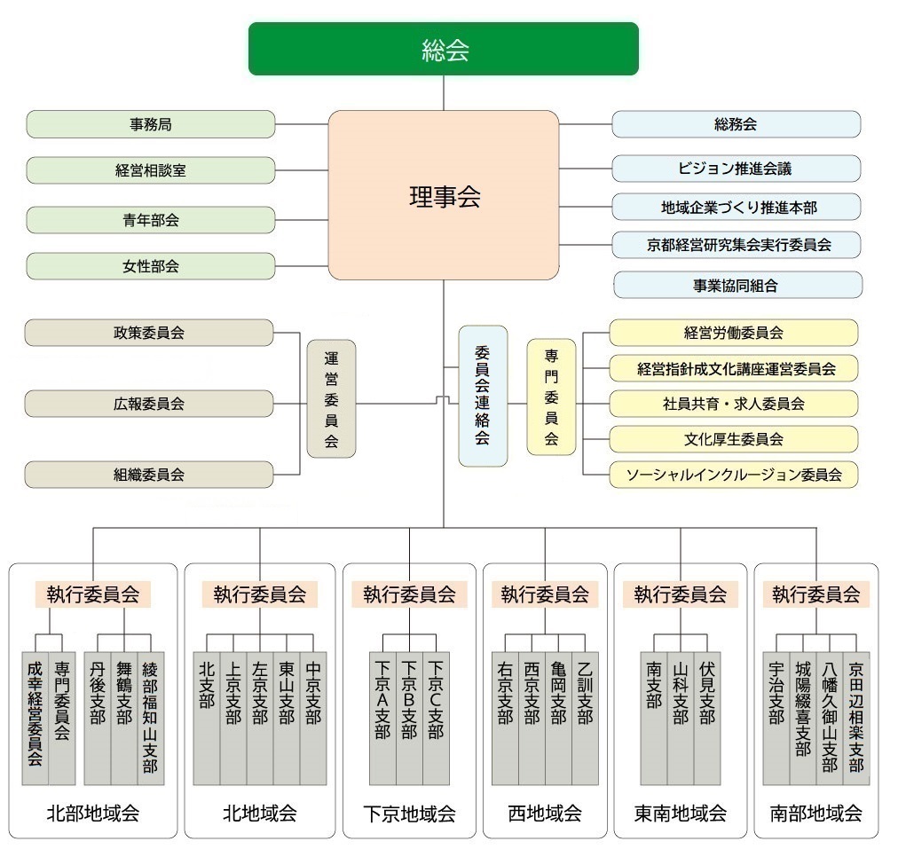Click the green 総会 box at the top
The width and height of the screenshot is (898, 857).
click(443, 49)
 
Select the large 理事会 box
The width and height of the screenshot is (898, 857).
click(444, 196)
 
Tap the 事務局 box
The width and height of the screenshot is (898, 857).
click(150, 124)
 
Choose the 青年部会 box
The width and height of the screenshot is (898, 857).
click(150, 219)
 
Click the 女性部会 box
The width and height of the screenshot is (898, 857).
click(150, 266)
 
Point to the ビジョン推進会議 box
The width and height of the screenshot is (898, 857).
click(736, 168)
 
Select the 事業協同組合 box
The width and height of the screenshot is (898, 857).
click(737, 285)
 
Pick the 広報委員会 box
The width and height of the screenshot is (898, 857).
click(148, 404)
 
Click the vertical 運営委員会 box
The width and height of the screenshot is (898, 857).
click(331, 398)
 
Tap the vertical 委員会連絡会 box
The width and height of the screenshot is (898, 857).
click(483, 396)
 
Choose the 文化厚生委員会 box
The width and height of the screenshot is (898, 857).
click(733, 439)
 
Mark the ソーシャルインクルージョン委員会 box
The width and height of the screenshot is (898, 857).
click(733, 475)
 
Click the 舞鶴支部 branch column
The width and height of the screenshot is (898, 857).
click(124, 719)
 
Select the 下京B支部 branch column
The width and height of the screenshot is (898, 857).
click(409, 719)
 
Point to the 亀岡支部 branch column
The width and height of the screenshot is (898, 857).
click(558, 719)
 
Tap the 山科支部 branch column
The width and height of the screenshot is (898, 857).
click(680, 719)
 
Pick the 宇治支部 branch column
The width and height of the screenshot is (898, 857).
click(776, 719)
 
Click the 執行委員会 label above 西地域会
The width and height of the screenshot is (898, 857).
click(544, 594)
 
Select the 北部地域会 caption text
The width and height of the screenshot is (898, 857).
click(92, 813)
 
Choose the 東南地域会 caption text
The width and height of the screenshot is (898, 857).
click(681, 813)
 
